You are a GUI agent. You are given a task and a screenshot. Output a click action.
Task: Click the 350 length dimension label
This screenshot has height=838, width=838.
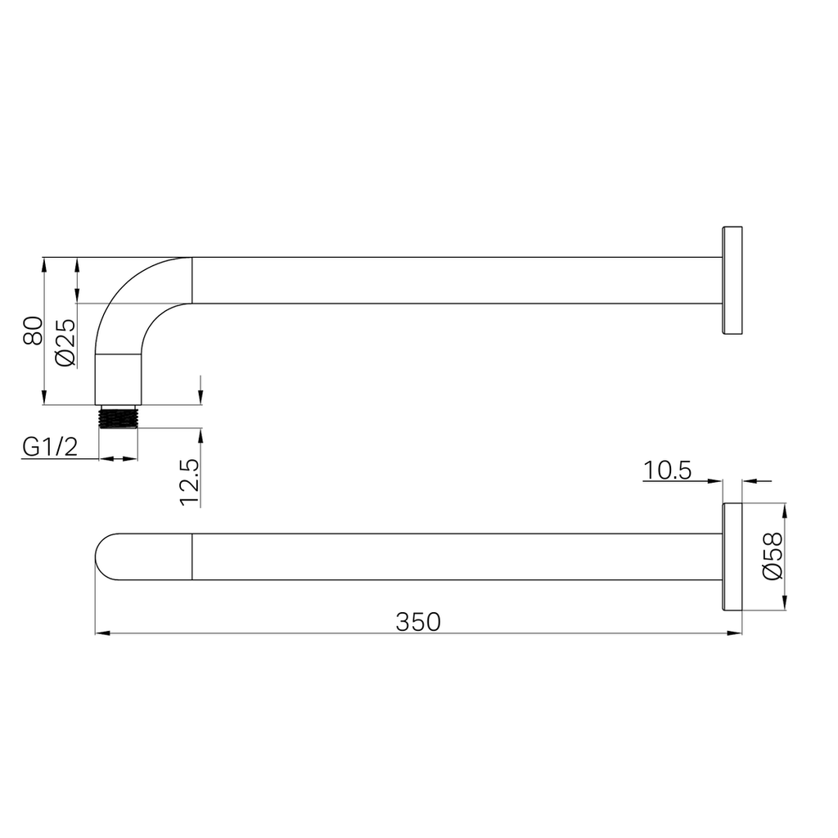coord(418,622)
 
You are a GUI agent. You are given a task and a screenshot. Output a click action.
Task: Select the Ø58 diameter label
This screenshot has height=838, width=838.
coord(773,556)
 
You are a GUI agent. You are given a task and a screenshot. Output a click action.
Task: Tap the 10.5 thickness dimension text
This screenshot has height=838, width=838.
coord(667,471)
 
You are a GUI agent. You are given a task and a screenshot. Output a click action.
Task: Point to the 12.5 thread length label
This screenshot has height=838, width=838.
coord(190,483)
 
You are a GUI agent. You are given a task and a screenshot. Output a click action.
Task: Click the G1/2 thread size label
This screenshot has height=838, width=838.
coord(50,447)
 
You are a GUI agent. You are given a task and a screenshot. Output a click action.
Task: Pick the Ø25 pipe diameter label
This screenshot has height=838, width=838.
coord(65,343)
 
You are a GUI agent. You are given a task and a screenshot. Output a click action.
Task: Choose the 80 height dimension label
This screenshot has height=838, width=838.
coord(33,331)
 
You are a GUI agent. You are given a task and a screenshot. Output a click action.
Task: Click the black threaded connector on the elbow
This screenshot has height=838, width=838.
coord(118,417)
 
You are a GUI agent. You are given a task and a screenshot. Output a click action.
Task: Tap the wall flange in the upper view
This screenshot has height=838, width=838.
coord(732,281)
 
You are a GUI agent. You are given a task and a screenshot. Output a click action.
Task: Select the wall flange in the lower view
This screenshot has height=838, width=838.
coord(732,556)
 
